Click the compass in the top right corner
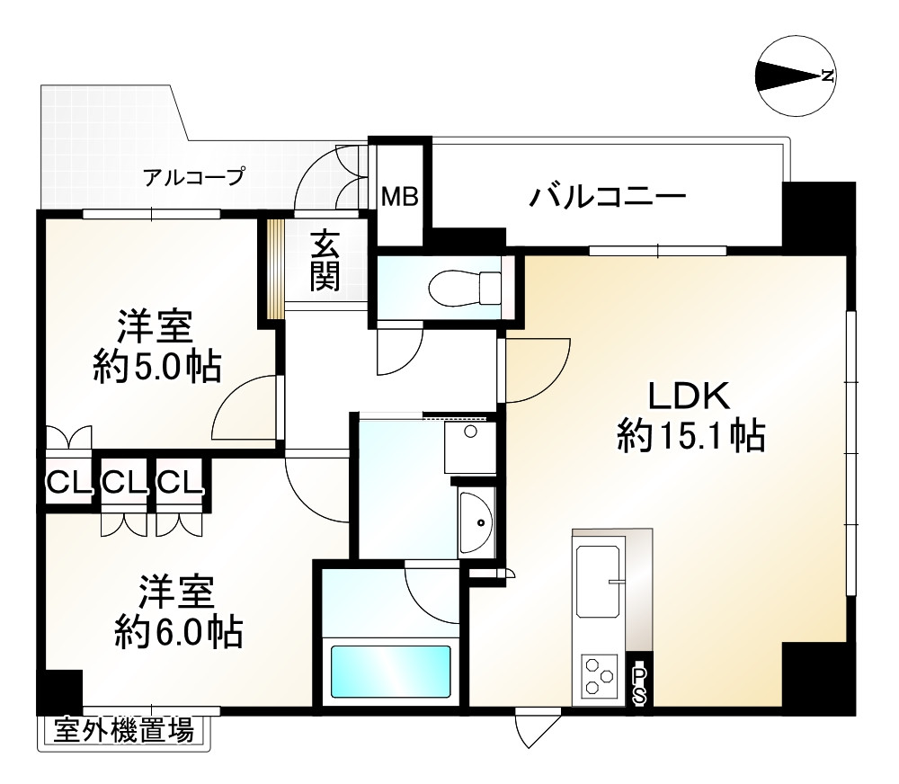point(796,76)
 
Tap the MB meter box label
point(400,196)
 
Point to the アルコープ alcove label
point(193,176)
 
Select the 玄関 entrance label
point(325,261)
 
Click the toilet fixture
point(464,288)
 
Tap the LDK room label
point(689,396)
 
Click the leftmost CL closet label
point(69,484)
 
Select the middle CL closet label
point(124,484)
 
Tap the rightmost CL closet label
point(181,484)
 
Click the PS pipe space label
point(639,683)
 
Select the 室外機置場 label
point(123,731)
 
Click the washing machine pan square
point(469,446)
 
